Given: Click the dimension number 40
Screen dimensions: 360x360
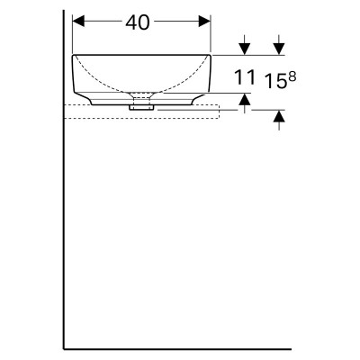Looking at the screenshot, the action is click(138, 22).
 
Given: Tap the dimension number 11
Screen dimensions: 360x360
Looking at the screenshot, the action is click(245, 77).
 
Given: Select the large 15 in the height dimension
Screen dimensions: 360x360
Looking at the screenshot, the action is click(275, 81).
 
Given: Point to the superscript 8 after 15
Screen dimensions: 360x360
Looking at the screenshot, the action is click(292, 77).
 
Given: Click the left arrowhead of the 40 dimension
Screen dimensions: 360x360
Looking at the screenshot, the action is click(78, 22).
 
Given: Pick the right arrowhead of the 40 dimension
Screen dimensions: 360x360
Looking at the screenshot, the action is click(204, 22).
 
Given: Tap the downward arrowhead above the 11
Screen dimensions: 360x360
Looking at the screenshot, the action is click(245, 49).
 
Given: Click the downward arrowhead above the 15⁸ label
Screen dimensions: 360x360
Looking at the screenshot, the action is click(279, 49).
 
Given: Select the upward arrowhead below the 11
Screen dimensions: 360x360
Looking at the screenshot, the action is click(245, 99).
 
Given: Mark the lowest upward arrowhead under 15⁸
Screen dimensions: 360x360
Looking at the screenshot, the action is click(279, 116).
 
